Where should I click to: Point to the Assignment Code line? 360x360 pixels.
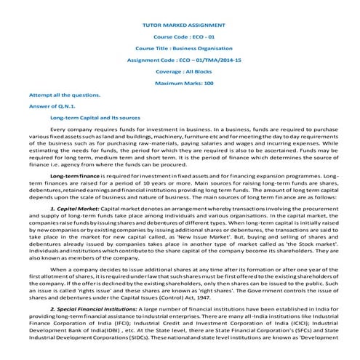tap(179, 60)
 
